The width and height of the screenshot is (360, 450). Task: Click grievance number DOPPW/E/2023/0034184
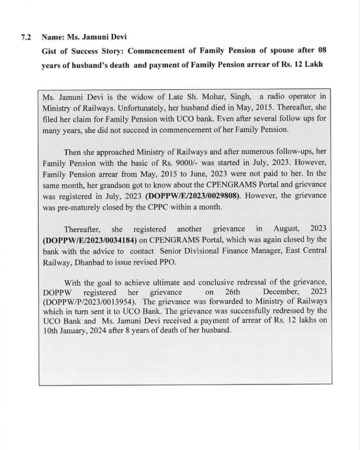[x=90, y=240]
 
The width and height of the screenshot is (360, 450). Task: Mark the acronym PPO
[x=168, y=261]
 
